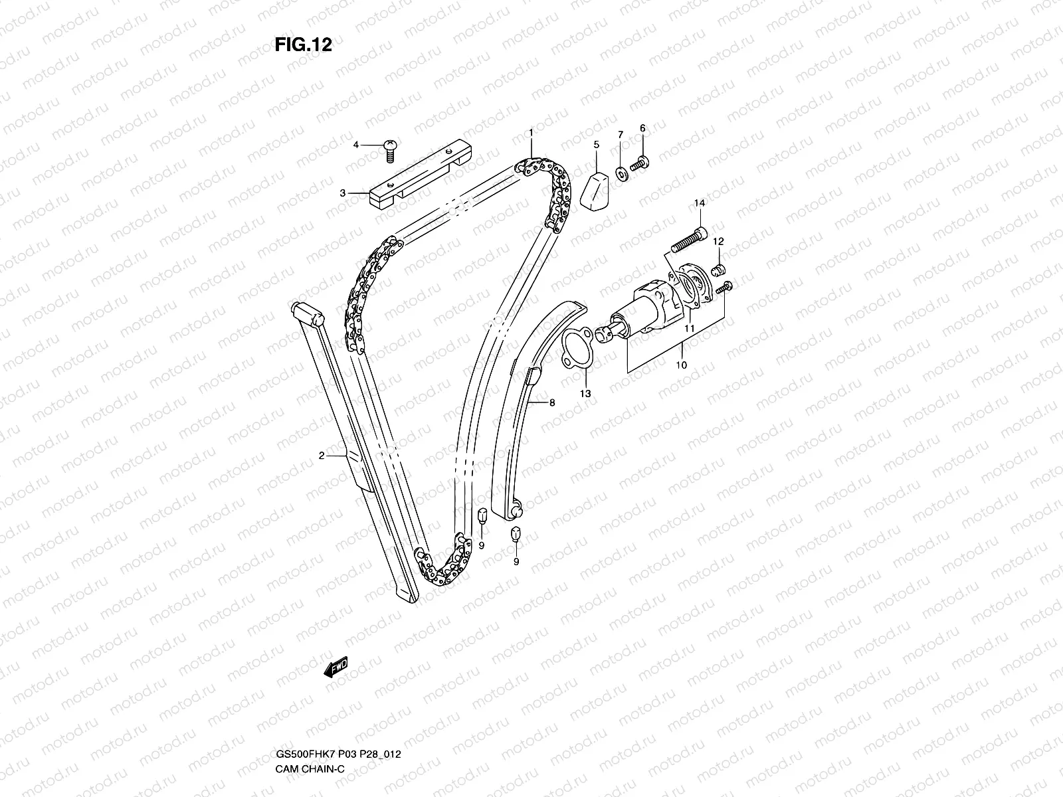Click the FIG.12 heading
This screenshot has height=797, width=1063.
pyautogui.click(x=303, y=44)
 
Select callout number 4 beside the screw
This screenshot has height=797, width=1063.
pyautogui.click(x=356, y=145)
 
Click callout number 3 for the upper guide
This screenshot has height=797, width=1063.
pyautogui.click(x=343, y=193)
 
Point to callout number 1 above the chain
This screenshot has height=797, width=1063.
pyautogui.click(x=531, y=133)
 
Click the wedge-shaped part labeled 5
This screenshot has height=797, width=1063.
pyautogui.click(x=596, y=189)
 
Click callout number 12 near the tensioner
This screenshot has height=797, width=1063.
pyautogui.click(x=719, y=242)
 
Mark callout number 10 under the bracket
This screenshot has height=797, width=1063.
pyautogui.click(x=682, y=365)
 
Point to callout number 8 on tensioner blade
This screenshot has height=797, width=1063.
pyautogui.click(x=551, y=402)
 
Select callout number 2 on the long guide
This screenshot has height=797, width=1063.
pyautogui.click(x=322, y=456)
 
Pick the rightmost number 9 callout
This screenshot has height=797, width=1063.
pyautogui.click(x=516, y=562)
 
